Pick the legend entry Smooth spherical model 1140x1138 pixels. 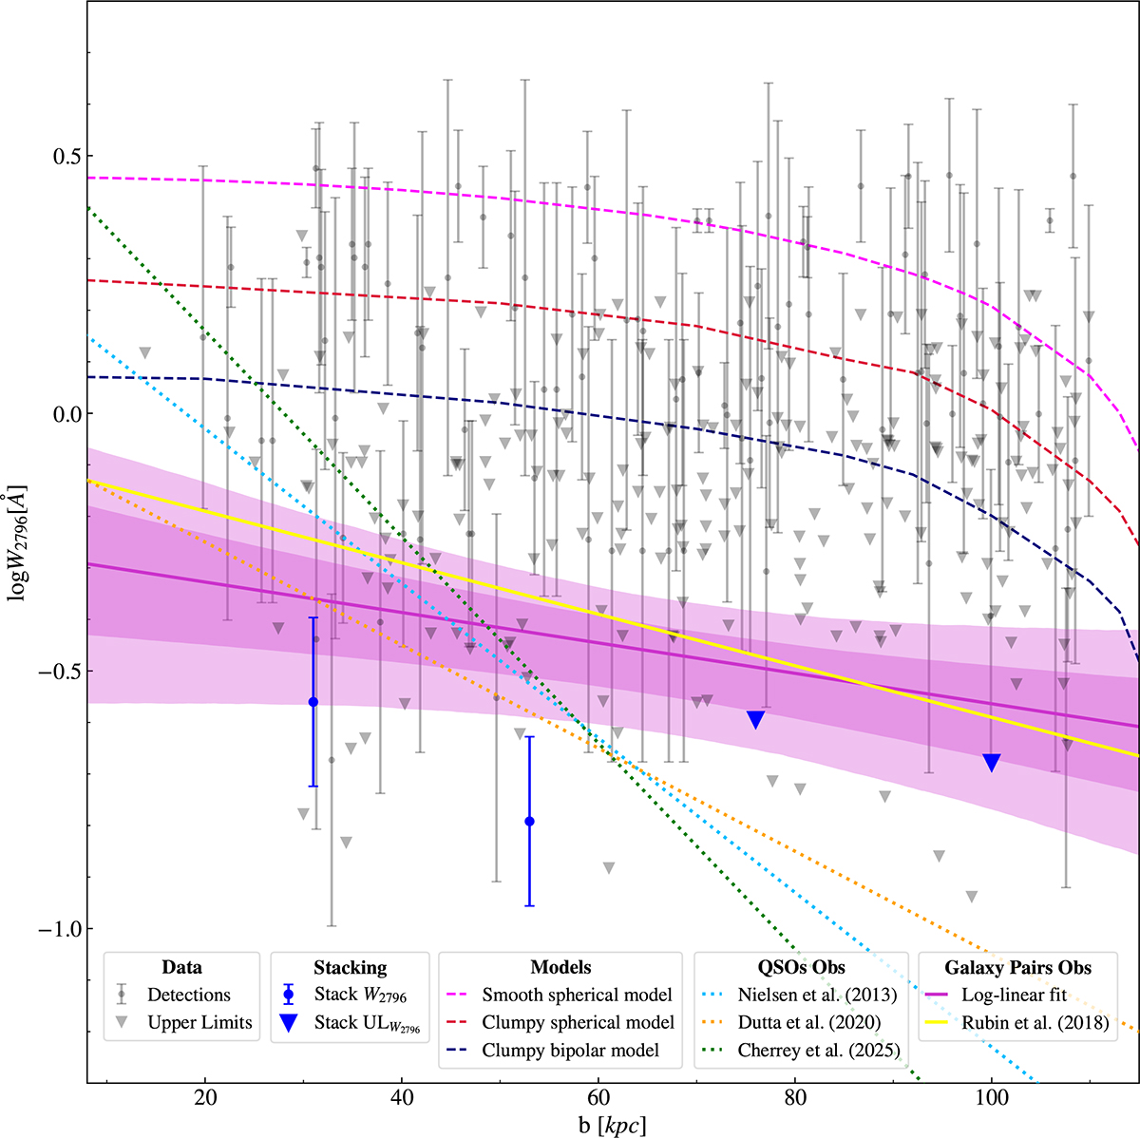click(x=577, y=995)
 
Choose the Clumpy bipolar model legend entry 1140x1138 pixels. click(x=570, y=1050)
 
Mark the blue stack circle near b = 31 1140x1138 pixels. click(x=313, y=701)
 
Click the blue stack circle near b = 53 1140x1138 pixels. click(x=529, y=821)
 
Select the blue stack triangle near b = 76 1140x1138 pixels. click(x=756, y=719)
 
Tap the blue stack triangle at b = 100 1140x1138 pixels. click(x=992, y=762)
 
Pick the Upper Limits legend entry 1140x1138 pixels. click(x=199, y=1022)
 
